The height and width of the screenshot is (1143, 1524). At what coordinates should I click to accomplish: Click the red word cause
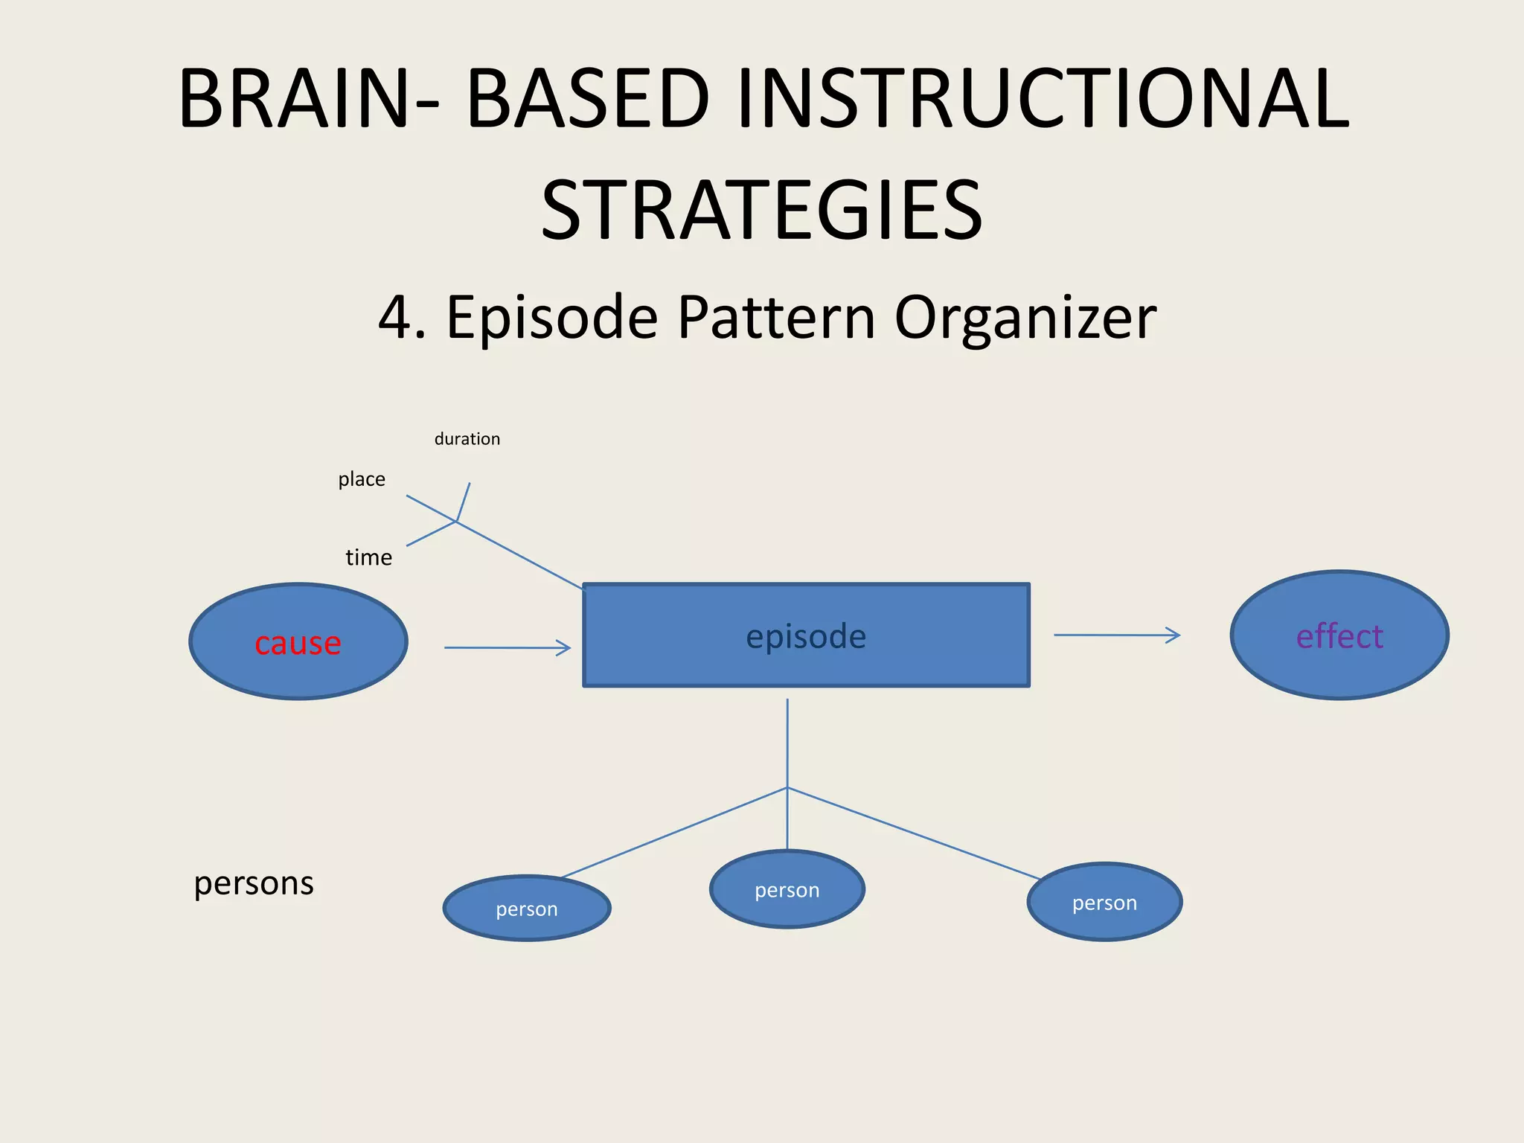point(298,643)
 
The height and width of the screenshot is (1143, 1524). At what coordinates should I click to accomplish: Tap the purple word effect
point(1339,636)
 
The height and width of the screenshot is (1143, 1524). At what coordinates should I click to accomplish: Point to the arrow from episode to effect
point(1116,635)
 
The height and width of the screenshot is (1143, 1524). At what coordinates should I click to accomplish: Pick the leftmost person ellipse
point(527,909)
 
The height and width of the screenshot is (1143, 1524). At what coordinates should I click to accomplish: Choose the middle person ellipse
point(787,890)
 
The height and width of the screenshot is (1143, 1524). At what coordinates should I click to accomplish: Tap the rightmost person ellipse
point(1104,903)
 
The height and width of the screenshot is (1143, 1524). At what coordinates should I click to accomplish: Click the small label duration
point(467,439)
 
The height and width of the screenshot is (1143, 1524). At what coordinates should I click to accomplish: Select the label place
point(362,479)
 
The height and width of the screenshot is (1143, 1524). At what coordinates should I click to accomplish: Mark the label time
point(368,557)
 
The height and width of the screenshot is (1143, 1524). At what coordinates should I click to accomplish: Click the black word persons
point(254,883)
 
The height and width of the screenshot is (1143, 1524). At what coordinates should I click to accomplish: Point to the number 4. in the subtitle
point(402,318)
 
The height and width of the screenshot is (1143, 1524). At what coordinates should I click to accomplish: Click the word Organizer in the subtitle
point(1025,318)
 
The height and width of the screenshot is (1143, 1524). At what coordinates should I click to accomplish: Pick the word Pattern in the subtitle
point(776,318)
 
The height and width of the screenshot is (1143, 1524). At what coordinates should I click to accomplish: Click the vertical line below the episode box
point(787,744)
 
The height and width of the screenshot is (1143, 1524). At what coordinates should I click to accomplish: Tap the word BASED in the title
point(588,98)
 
